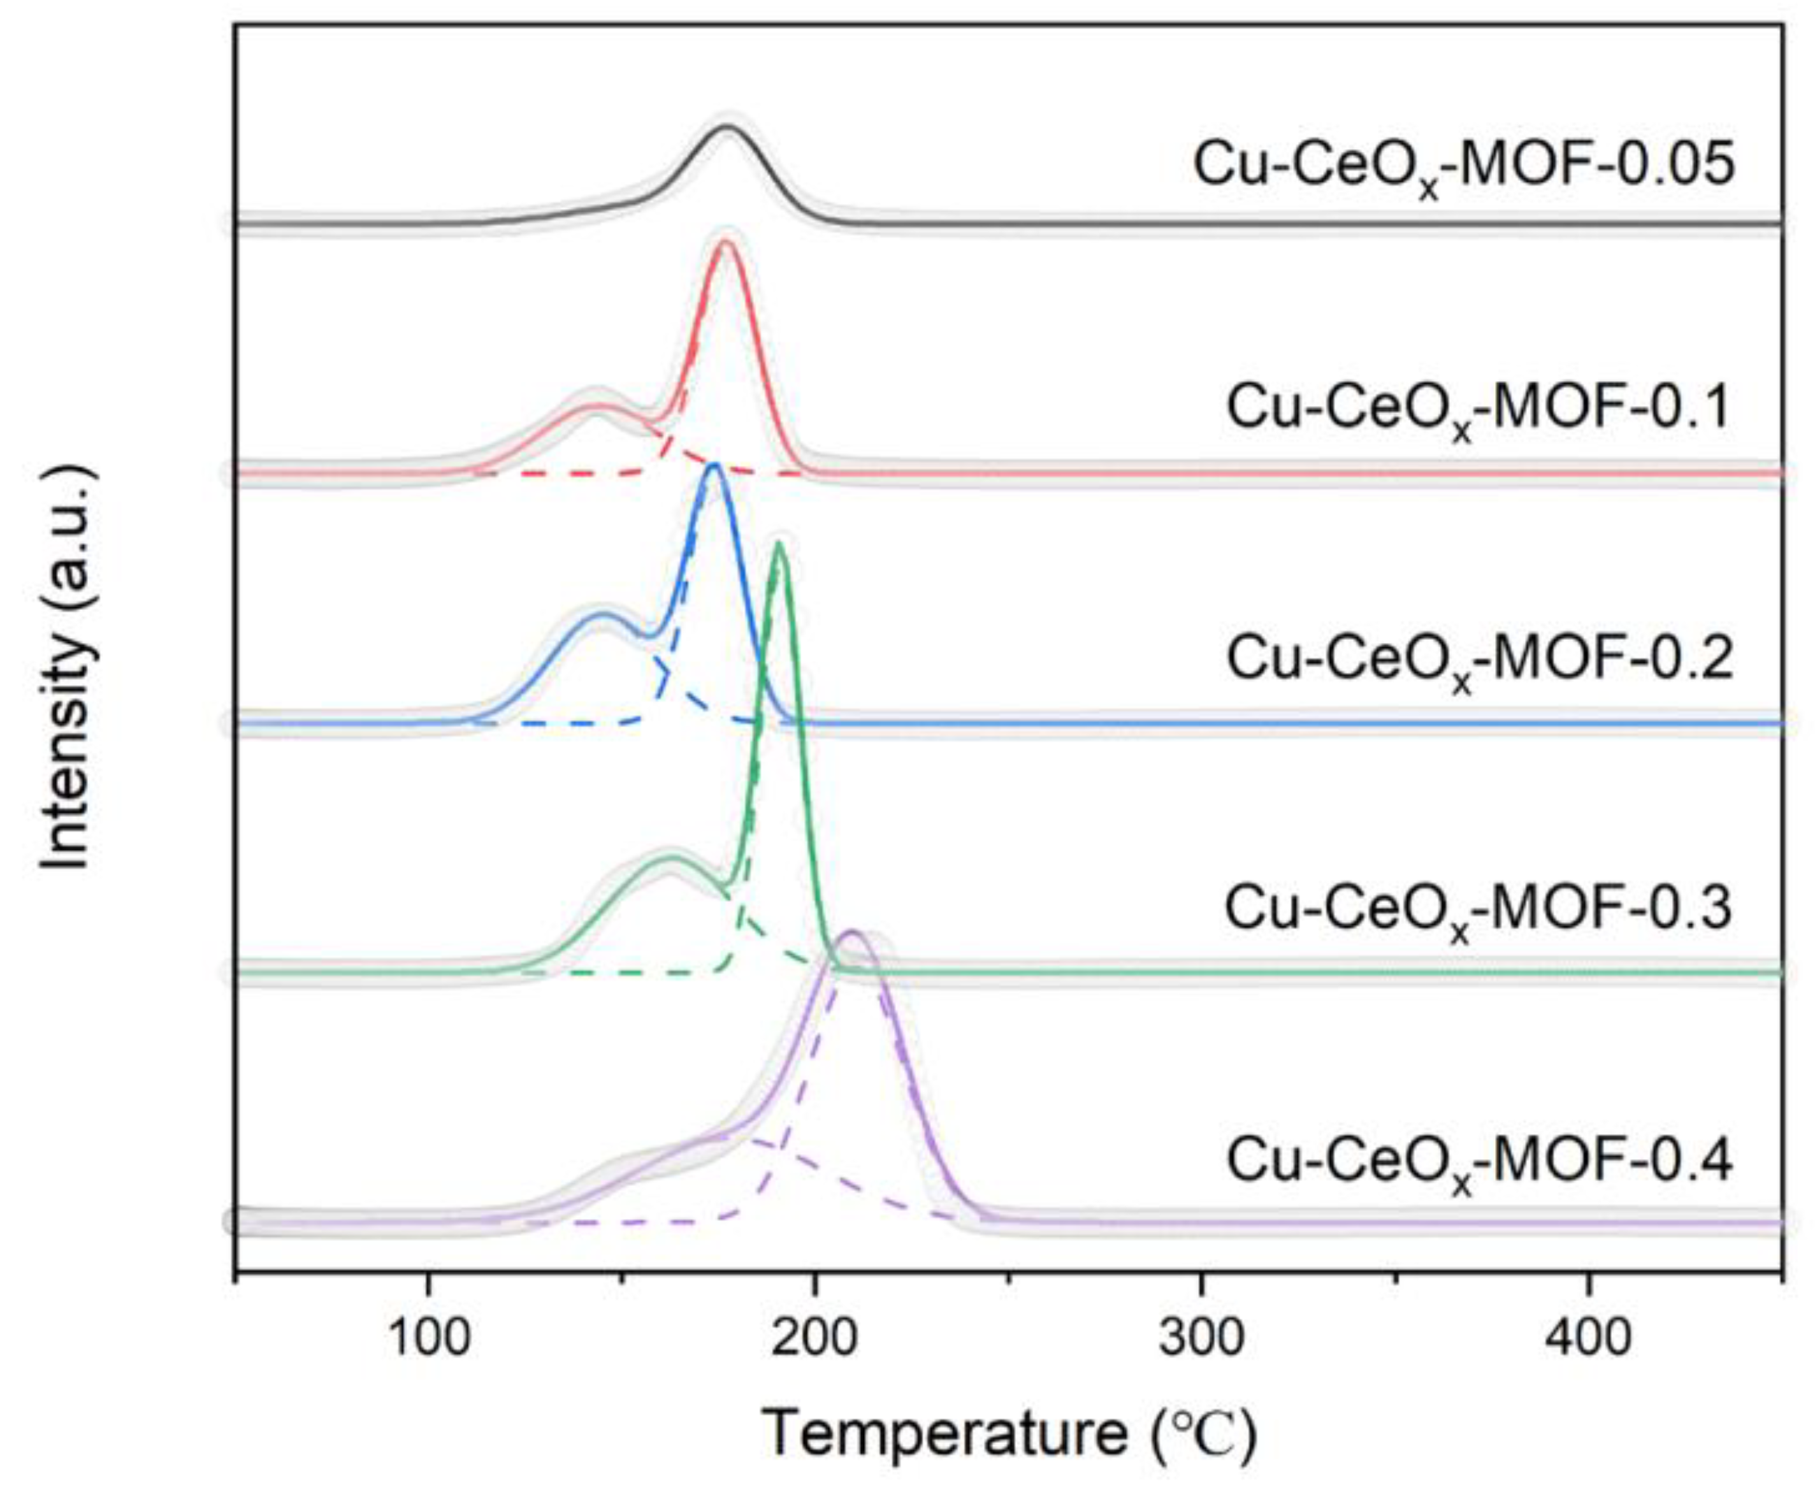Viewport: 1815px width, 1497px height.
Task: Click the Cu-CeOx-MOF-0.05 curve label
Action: coord(1463,166)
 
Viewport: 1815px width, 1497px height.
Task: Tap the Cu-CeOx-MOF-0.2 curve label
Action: coord(1478,660)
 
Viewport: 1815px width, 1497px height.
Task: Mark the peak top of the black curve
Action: coord(728,127)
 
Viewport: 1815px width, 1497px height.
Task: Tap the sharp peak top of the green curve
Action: coord(779,542)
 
